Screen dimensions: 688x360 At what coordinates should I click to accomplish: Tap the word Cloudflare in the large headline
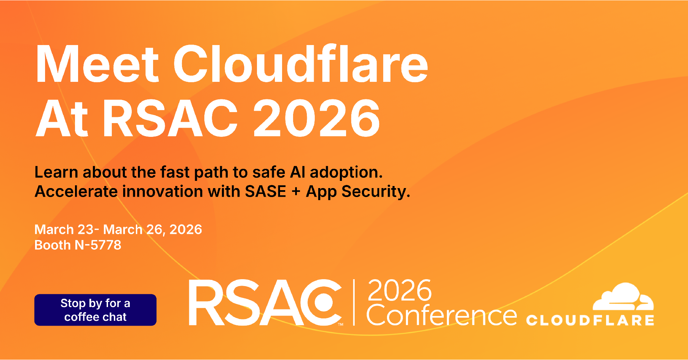coord(301,64)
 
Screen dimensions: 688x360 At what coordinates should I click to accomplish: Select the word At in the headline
coord(62,118)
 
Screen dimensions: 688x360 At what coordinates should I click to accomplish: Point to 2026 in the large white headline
coord(316,118)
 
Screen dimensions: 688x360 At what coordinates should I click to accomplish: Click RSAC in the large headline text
coord(171,118)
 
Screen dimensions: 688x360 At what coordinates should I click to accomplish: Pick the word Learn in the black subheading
coord(56,172)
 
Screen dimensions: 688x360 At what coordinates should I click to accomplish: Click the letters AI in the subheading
coord(298,172)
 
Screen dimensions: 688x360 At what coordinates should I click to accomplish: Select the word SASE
coord(265,191)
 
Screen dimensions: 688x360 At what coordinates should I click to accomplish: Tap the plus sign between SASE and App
coord(296,192)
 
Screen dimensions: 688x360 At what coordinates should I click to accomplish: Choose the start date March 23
coord(64,229)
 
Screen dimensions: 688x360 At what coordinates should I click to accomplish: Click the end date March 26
coord(132,229)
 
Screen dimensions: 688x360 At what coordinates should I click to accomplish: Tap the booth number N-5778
coord(98,245)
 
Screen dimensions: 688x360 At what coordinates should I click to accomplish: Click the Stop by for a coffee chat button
coord(95,310)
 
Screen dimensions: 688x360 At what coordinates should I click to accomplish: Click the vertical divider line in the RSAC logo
coord(354,302)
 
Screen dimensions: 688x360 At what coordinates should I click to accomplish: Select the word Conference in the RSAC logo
coord(441,315)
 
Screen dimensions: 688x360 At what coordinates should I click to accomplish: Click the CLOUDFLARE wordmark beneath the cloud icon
coord(590,320)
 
